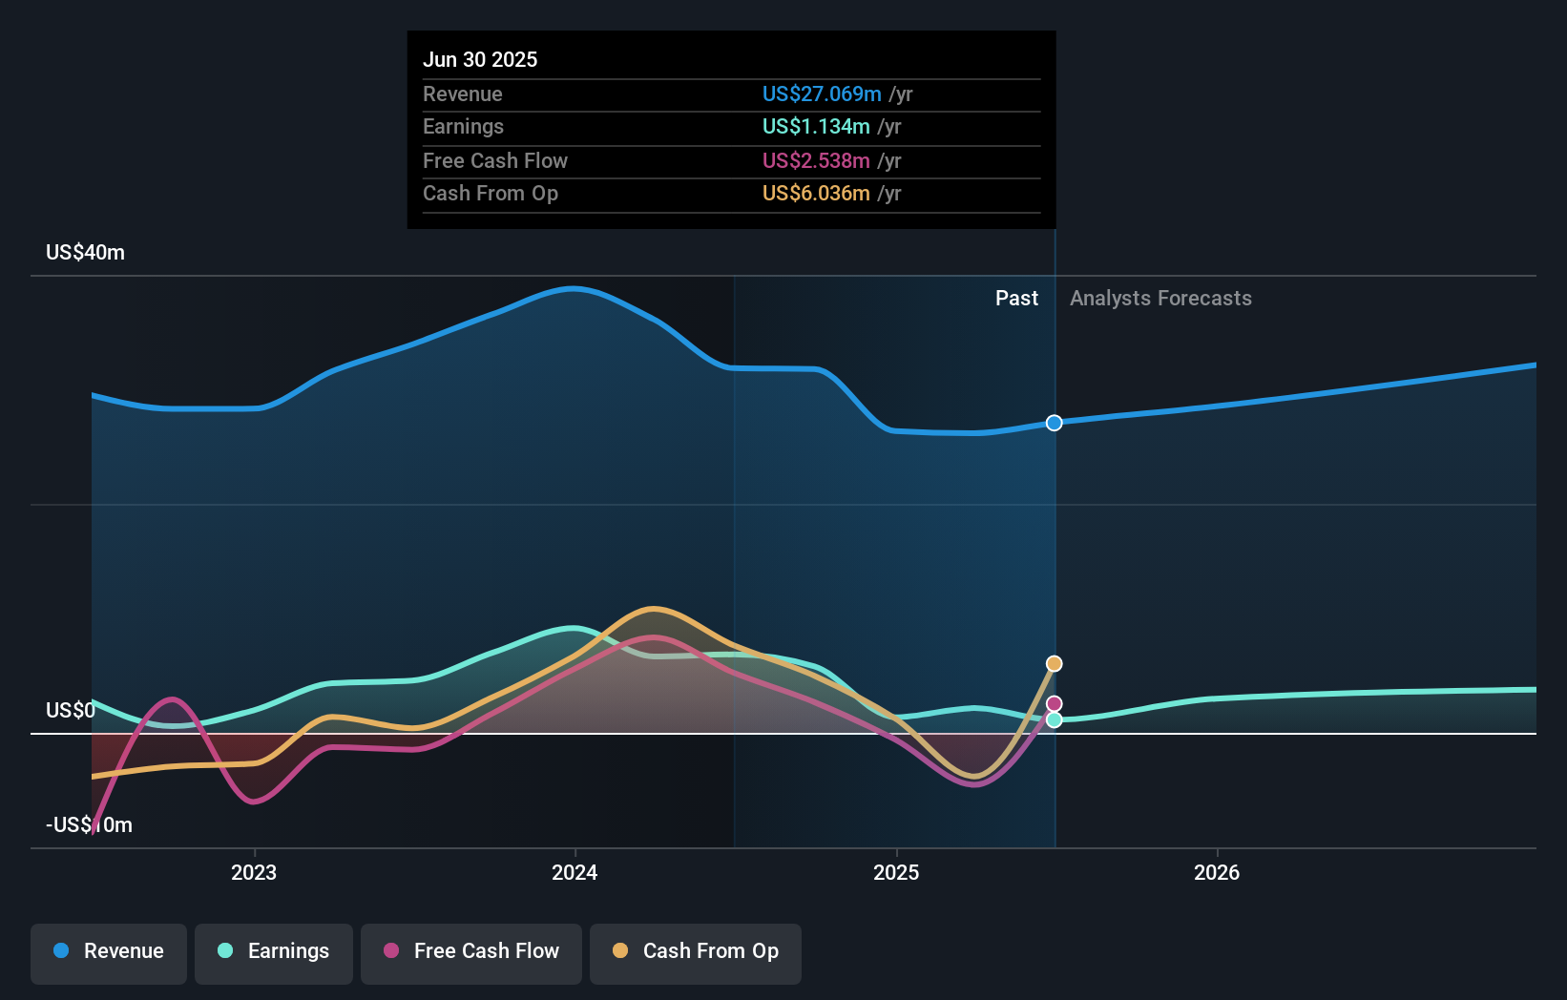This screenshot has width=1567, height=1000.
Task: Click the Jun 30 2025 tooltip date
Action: [480, 59]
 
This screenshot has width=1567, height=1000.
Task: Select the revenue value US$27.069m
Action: [821, 94]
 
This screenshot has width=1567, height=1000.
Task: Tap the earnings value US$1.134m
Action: [815, 126]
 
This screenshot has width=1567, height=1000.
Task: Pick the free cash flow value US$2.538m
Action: [815, 160]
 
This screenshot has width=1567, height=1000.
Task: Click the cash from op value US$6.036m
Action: [815, 193]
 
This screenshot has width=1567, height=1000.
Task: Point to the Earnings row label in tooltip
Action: [463, 126]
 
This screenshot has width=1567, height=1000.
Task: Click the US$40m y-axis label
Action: [85, 252]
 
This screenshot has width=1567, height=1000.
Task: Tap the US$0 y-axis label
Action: [70, 710]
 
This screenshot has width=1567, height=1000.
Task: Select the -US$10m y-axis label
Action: [89, 824]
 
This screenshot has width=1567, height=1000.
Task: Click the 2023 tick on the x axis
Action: [254, 872]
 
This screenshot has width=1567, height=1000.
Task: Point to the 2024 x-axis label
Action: [575, 872]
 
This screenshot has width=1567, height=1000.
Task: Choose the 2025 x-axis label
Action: [896, 872]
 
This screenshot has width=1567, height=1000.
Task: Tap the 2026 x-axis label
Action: [1217, 872]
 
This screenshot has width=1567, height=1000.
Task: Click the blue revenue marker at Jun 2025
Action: [1054, 423]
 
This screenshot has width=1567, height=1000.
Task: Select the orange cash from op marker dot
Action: [1054, 663]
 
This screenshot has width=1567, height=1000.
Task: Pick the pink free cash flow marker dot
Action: [1054, 704]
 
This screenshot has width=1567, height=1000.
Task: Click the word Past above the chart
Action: [1016, 298]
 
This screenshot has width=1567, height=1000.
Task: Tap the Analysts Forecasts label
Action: [1160, 298]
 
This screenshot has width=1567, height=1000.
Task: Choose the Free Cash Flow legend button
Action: [471, 950]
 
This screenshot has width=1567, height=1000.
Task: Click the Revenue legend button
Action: [109, 950]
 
